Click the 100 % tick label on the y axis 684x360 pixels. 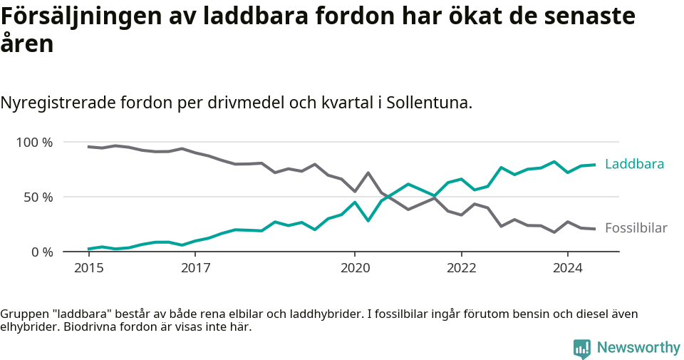34,143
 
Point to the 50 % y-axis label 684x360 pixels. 38,197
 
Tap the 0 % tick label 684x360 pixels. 41,252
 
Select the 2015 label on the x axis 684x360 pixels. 88,269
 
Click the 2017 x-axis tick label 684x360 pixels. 195,269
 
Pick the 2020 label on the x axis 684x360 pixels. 355,269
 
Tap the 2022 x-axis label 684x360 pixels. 461,269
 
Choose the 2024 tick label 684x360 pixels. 568,269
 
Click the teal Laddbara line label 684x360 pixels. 634,164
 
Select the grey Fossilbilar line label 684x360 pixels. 636,228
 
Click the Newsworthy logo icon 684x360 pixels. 582,349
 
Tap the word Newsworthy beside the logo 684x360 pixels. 638,348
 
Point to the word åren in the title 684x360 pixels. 27,44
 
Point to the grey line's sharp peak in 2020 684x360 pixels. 368,173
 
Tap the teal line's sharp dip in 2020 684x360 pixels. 368,220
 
